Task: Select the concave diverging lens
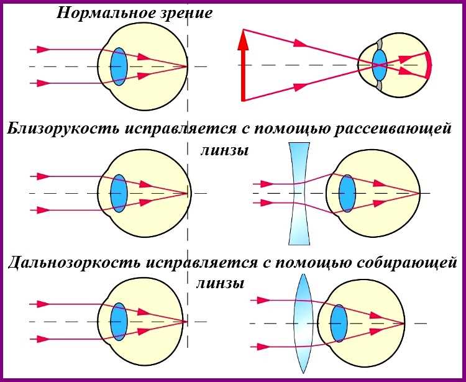299,193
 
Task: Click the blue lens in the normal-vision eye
119,66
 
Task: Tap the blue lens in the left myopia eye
119,193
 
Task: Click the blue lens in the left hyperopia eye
119,321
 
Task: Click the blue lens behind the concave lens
347,193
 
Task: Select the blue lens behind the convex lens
339,323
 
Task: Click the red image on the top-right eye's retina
428,65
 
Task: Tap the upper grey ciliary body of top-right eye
377,45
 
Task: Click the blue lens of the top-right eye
379,65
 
